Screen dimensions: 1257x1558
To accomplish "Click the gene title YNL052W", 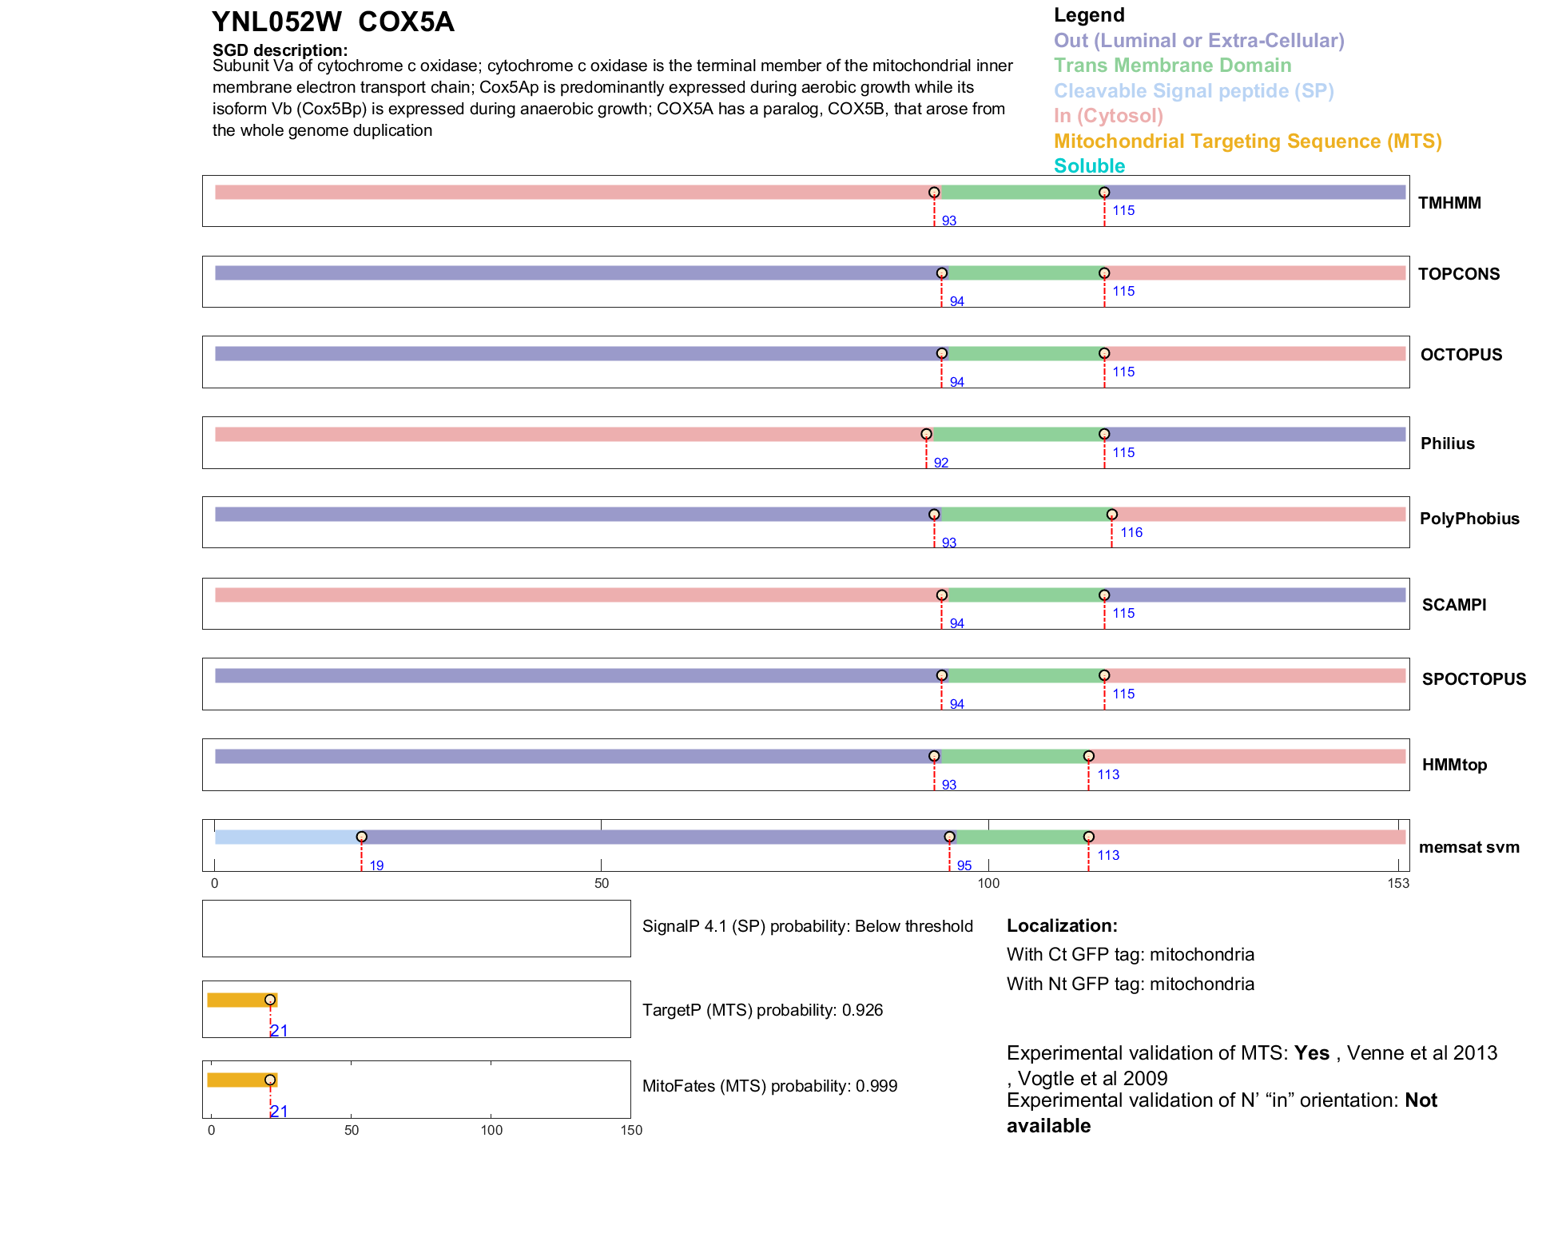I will (276, 22).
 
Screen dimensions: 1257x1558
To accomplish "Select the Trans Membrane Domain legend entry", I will (1172, 66).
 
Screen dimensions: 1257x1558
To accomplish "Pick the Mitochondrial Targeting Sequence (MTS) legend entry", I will (1247, 141).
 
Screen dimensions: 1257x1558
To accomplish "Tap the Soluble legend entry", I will (1089, 166).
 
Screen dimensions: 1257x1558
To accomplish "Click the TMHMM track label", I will (1449, 203).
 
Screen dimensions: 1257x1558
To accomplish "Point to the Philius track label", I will (1447, 444).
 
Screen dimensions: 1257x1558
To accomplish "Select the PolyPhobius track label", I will (1469, 519).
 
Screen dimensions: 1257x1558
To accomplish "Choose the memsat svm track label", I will (1469, 847).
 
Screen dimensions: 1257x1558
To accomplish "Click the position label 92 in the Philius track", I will (941, 463).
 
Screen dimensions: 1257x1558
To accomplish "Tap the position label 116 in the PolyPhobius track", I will (1131, 533).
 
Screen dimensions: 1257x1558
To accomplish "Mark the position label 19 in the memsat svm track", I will (376, 866).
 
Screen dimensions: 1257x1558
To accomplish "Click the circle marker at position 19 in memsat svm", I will (362, 837).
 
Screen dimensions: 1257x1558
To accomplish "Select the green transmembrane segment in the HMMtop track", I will (1012, 757).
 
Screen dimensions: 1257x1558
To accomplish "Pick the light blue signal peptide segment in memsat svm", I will (288, 837).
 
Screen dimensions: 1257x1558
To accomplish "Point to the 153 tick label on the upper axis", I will (1398, 884).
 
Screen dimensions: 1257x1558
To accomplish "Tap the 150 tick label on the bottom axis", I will (631, 1131).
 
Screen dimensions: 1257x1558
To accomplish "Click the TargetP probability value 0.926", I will (860, 1010).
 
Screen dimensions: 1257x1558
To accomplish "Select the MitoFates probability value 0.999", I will (876, 1086).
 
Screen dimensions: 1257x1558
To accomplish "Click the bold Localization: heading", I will (1062, 926).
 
